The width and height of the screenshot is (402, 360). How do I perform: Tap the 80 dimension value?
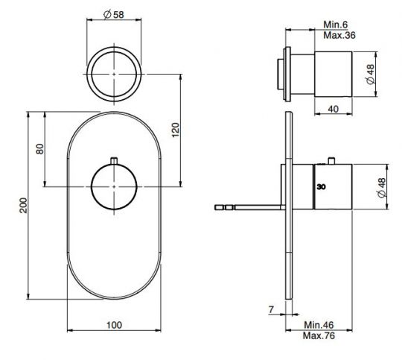point(40,148)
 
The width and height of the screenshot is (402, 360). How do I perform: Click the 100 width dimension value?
point(112,325)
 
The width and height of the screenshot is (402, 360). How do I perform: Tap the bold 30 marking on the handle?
point(321,188)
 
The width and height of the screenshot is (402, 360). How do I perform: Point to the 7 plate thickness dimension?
point(272,308)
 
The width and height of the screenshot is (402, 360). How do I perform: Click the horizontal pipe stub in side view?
point(246,206)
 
